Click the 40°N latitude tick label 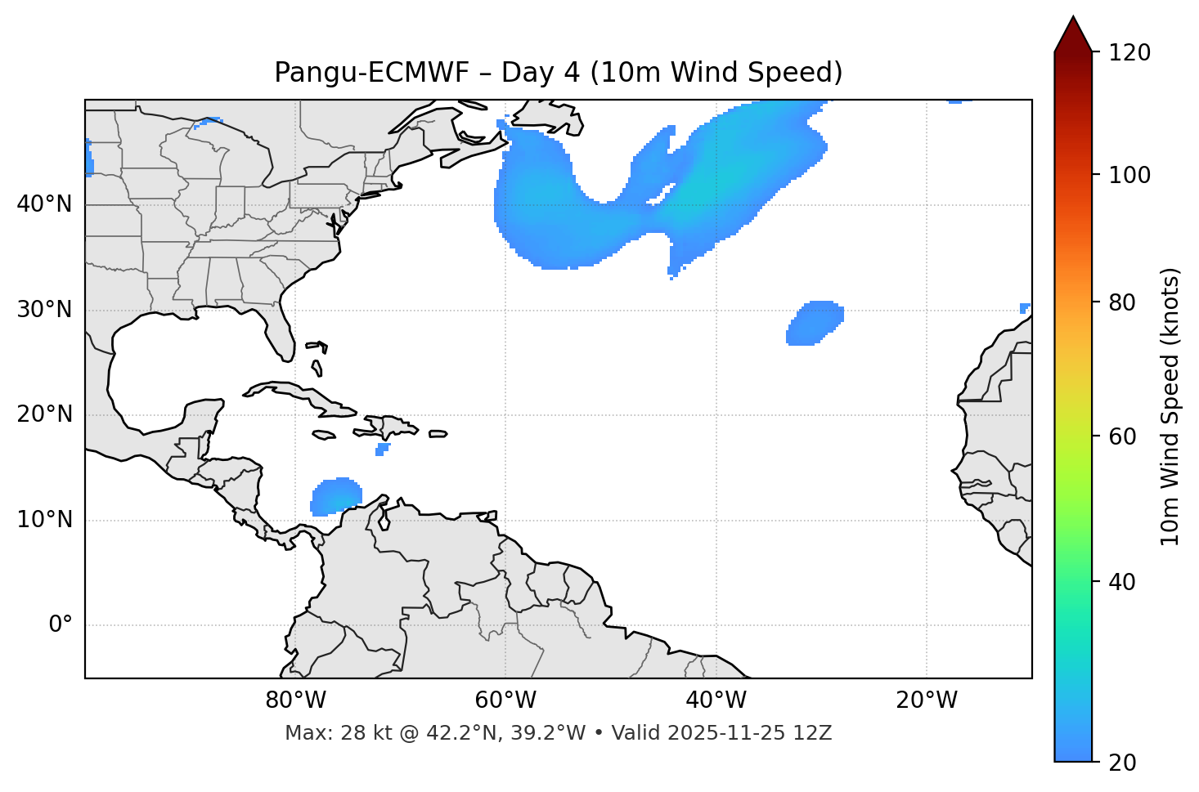[44, 204]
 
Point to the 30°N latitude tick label [44, 310]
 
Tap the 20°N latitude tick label [44, 414]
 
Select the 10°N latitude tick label [44, 520]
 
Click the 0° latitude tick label [61, 625]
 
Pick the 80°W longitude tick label [295, 700]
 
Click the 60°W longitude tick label [505, 700]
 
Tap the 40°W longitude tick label [716, 700]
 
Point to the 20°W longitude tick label [926, 700]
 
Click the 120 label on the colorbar [1129, 53]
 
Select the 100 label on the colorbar [1129, 175]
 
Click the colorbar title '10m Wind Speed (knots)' [1170, 406]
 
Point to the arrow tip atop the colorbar [1073, 18]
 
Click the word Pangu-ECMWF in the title [371, 73]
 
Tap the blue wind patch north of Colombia [336, 496]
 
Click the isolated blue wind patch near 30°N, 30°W [815, 323]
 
